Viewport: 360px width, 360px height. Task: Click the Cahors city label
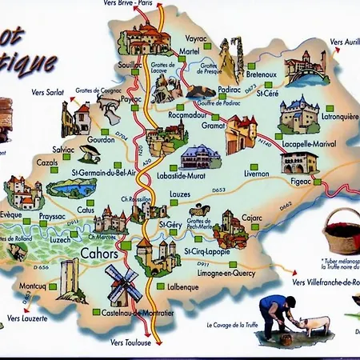(x=99, y=254)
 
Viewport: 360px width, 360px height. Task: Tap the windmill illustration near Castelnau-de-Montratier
(x=123, y=283)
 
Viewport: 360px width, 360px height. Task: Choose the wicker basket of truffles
(x=342, y=230)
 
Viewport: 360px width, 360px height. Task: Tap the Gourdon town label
(x=101, y=138)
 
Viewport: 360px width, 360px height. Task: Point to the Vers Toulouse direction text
(x=132, y=343)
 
